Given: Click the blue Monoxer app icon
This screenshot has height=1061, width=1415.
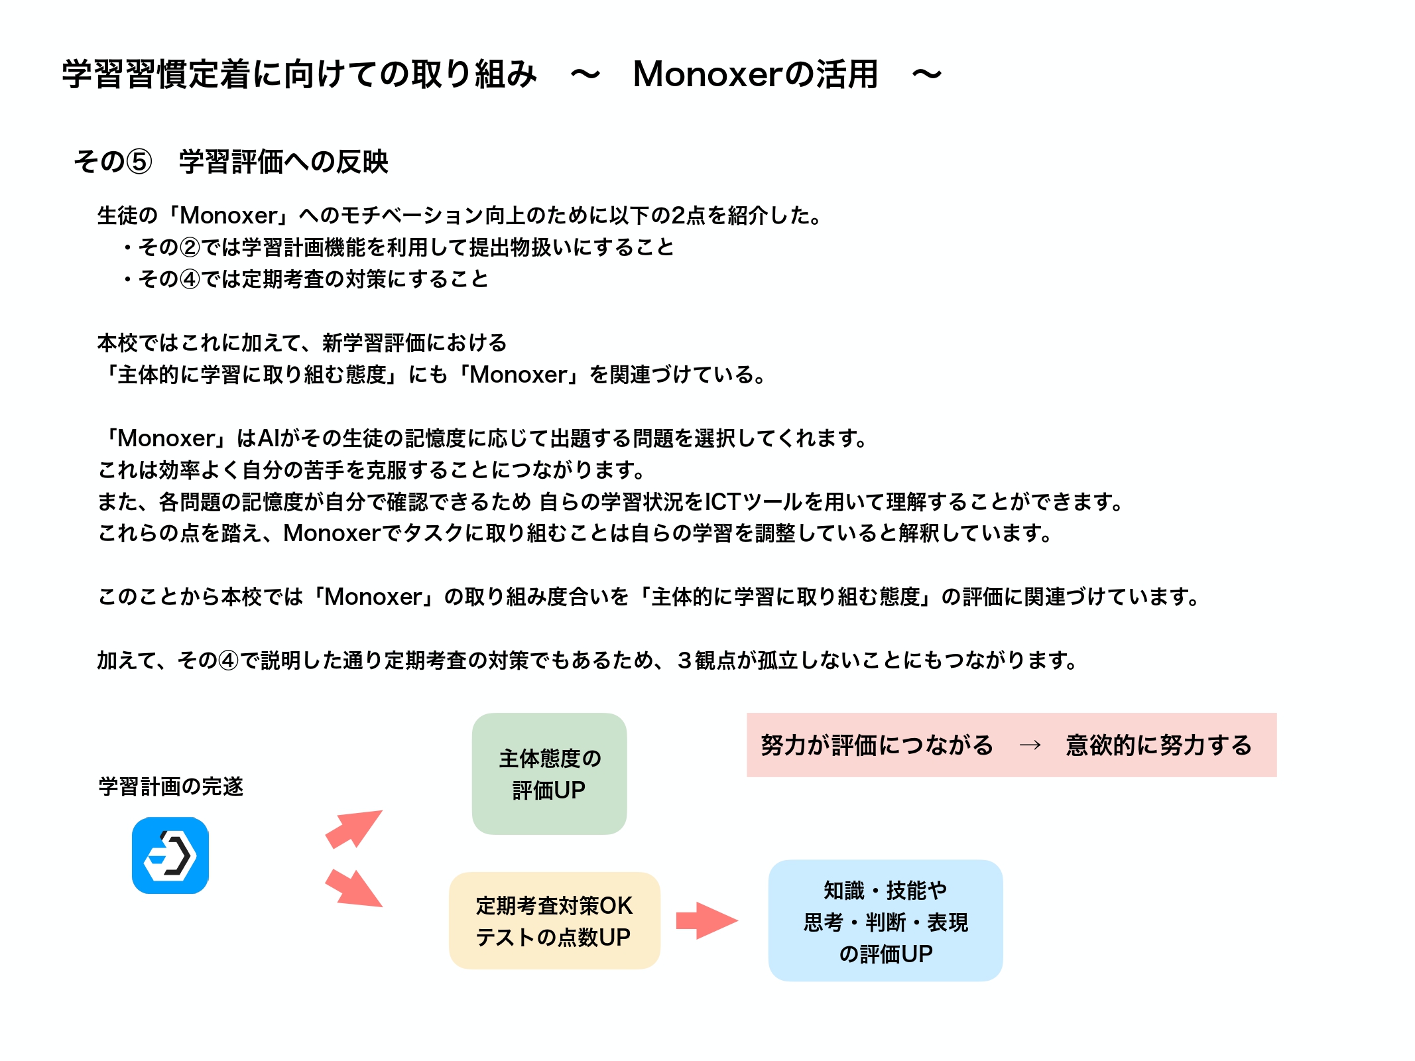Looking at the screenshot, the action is tap(170, 855).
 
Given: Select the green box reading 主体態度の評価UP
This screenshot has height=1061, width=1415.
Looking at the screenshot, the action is tap(549, 774).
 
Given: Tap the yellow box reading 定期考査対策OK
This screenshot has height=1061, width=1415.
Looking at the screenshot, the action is tap(554, 920).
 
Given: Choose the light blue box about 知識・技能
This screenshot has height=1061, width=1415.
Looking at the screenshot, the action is tap(885, 920).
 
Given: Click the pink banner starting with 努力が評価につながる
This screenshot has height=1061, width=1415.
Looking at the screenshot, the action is tap(1011, 745).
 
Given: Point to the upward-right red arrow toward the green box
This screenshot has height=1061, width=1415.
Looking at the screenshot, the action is tap(353, 829).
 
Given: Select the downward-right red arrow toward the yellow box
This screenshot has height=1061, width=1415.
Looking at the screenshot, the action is tap(353, 887).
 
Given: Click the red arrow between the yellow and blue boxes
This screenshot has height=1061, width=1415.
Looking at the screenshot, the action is tap(707, 920).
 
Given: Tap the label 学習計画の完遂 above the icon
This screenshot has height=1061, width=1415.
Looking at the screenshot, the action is tap(171, 786).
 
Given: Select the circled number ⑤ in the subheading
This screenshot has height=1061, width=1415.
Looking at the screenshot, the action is tap(139, 162).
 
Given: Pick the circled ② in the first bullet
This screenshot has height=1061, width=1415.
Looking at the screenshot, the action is tap(190, 247).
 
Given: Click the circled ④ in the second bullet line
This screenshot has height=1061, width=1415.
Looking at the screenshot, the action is tap(190, 279).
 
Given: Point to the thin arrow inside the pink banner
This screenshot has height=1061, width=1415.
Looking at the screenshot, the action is tap(1030, 745).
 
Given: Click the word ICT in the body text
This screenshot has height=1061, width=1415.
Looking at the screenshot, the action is tap(722, 502).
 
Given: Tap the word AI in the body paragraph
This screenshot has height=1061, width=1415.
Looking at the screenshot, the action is tap(269, 438).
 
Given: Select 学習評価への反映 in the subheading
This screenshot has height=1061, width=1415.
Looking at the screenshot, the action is tap(284, 162).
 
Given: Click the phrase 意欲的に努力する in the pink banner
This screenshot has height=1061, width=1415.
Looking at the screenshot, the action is tap(1158, 745).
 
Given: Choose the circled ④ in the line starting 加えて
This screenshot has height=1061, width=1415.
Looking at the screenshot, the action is tap(228, 660).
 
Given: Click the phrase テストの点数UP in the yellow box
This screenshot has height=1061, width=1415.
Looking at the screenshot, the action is tap(553, 937).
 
